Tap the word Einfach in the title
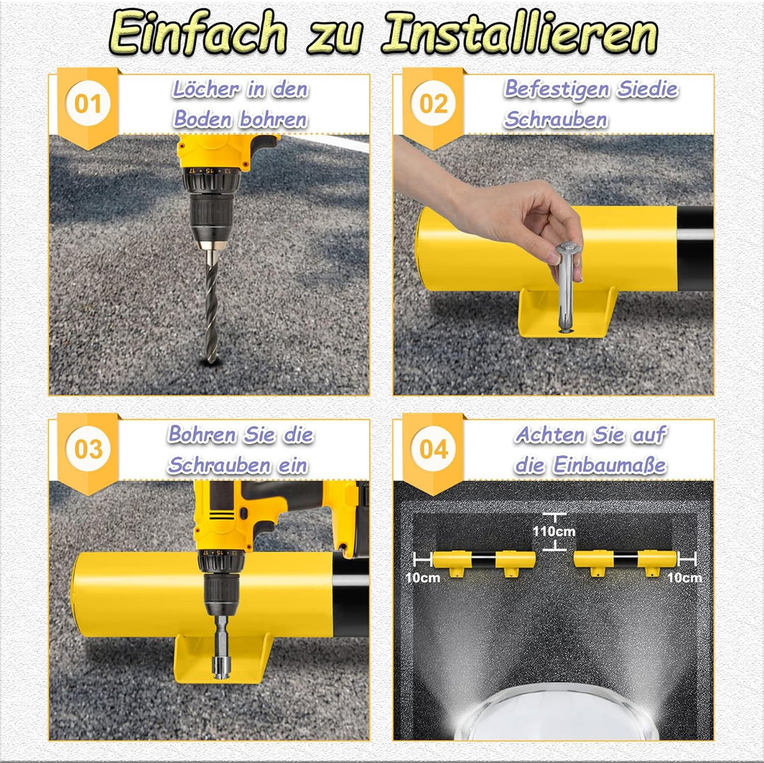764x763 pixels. [x=197, y=32]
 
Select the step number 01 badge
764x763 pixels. [x=88, y=104]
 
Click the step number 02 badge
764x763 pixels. [x=433, y=104]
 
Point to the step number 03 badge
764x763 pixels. [x=88, y=449]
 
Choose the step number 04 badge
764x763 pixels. [x=433, y=449]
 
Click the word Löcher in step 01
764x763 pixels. [x=206, y=89]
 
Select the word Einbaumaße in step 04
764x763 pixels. [x=609, y=465]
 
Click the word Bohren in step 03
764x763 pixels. [x=202, y=434]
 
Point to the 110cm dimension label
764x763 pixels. [x=554, y=531]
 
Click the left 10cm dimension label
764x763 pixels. [x=422, y=578]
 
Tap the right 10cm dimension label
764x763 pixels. [x=684, y=578]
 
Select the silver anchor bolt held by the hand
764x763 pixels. [x=566, y=287]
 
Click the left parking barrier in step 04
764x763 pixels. [x=483, y=561]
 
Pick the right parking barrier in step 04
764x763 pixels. [x=625, y=561]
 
